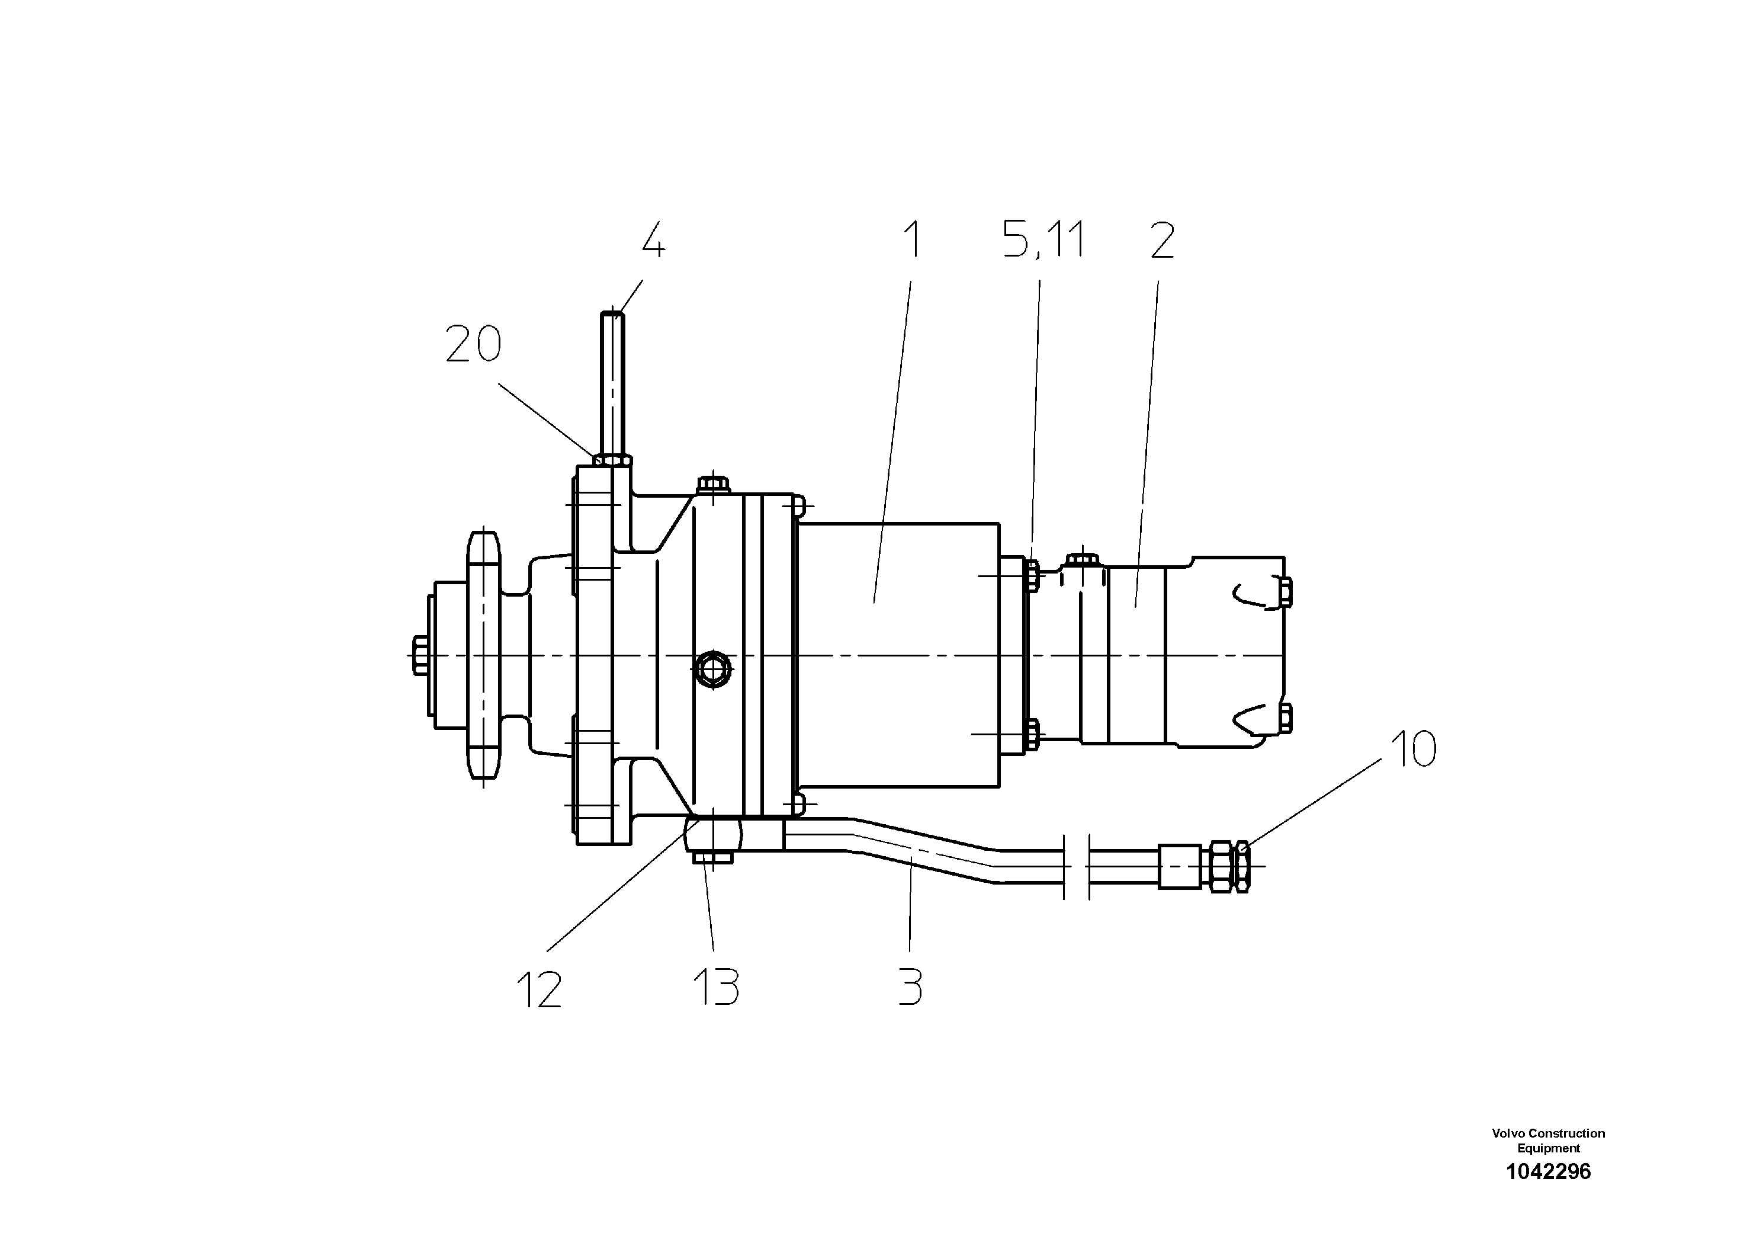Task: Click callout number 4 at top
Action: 653,242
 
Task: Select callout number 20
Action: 473,344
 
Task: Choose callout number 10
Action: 1413,749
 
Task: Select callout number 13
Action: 715,987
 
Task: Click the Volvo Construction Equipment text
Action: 1548,1140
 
